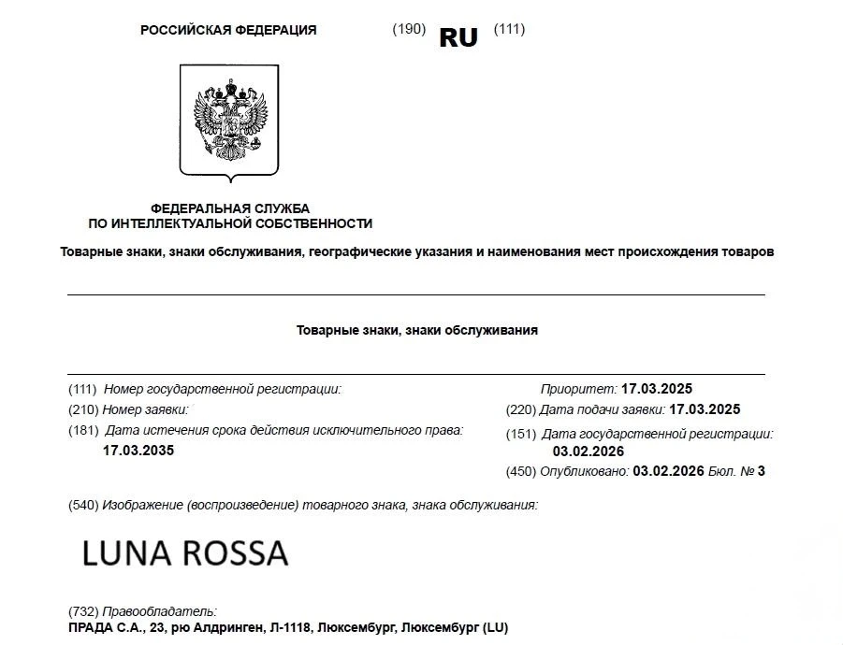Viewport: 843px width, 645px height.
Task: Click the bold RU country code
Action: pos(458,37)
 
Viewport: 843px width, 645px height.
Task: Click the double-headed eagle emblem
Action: pos(229,122)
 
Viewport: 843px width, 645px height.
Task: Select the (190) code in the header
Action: pos(409,29)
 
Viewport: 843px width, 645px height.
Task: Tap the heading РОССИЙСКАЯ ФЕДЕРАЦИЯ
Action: pos(228,30)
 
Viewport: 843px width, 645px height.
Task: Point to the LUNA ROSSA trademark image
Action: pos(185,553)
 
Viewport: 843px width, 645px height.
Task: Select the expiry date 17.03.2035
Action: pos(138,451)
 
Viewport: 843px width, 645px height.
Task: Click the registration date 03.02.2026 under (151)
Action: pos(589,451)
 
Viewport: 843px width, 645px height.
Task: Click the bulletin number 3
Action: pos(762,471)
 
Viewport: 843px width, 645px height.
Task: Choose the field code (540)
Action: pos(84,505)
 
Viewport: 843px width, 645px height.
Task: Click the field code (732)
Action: pos(84,611)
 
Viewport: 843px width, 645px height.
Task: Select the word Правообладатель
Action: pos(160,611)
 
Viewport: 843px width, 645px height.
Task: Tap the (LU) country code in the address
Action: pos(493,627)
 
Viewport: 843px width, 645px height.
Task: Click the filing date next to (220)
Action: pos(705,409)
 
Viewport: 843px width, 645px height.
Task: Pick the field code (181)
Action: pos(83,431)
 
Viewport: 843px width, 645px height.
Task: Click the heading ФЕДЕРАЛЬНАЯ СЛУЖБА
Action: pos(230,208)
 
